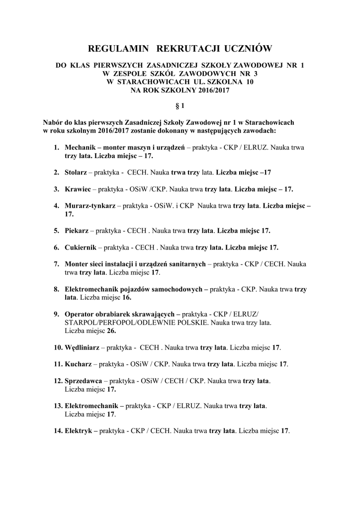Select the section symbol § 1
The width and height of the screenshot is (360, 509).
(x=180, y=105)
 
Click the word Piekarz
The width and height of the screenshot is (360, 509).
(x=77, y=231)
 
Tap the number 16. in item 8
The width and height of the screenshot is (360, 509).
(x=126, y=297)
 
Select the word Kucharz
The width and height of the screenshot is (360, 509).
(x=78, y=364)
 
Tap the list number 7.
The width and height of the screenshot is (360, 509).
(x=57, y=264)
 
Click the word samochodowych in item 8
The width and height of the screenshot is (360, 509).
(x=178, y=289)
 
